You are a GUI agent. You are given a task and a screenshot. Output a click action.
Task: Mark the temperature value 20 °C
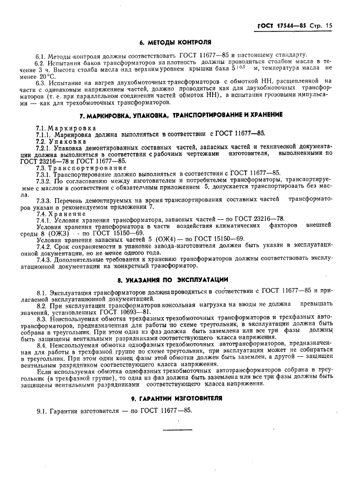(55, 75)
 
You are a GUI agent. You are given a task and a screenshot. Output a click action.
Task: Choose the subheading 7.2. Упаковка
(55, 141)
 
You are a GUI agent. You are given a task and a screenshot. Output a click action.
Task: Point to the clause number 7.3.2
(44, 181)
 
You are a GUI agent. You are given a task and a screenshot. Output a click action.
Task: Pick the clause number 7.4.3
(44, 258)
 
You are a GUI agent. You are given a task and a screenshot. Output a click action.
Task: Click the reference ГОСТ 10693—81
(124, 311)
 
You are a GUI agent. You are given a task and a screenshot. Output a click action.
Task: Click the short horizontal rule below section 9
(177, 430)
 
